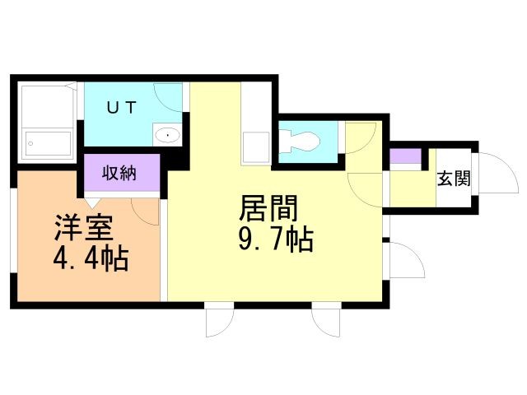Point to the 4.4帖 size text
pos(90,259)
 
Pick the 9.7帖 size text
pos(273,239)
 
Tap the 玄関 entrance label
pos(453,178)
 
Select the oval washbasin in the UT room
pos(168,135)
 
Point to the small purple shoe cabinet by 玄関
pos(403,156)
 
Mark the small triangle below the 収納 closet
pos(92,202)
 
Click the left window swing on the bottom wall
pos(219,322)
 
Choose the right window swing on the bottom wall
pos(326,322)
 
